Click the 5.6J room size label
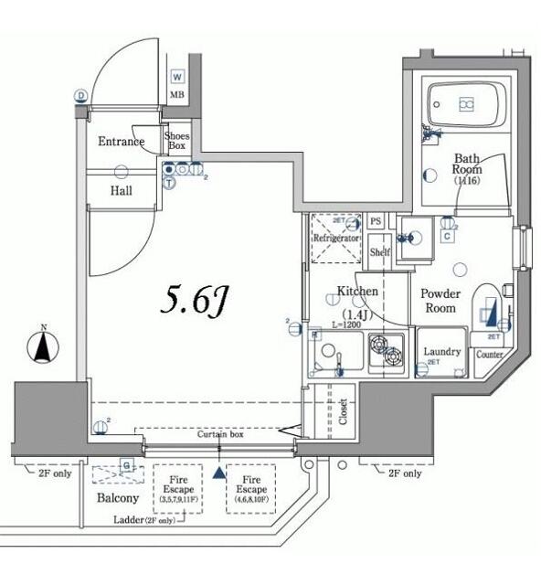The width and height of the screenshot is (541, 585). coord(193,301)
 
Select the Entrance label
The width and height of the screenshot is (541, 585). coord(121,142)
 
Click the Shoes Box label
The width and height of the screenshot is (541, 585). coord(176,141)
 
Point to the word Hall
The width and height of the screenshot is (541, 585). coord(121,191)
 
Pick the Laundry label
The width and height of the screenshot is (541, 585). coord(442,353)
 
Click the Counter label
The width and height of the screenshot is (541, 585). coord(490,355)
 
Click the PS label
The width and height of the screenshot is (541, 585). coord(376,222)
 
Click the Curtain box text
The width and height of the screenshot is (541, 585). coord(220,434)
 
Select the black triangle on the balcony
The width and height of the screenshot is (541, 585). coord(218,473)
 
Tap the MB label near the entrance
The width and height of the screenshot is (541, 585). coord(177,94)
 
